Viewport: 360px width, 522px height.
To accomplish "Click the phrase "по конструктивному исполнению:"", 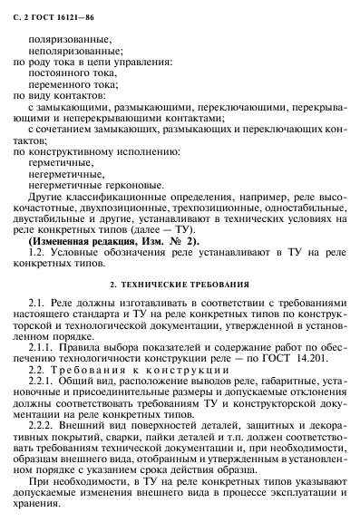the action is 83,150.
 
